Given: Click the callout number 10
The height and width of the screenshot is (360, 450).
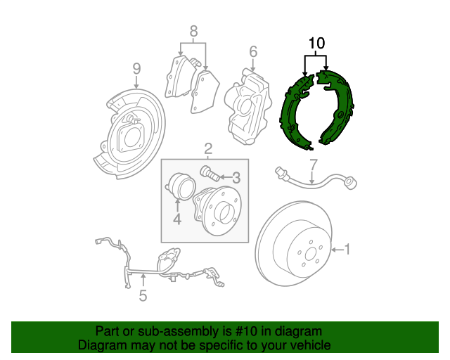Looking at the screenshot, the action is click(316, 43).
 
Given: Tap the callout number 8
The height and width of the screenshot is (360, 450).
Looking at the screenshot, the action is click(194, 31).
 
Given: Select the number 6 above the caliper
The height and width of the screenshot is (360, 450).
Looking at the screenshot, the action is click(253, 51).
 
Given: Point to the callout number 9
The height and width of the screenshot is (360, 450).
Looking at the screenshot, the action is click(137, 69).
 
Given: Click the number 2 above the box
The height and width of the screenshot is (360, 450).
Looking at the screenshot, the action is click(208, 149).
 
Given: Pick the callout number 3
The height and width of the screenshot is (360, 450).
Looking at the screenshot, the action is click(236, 178).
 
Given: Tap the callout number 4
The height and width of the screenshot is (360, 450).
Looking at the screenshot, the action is click(177, 219).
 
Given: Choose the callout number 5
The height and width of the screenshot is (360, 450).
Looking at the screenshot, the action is click(143, 295).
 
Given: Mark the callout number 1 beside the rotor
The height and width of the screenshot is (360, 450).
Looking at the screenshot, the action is click(347, 249).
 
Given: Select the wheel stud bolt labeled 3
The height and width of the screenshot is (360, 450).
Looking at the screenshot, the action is click(210, 172).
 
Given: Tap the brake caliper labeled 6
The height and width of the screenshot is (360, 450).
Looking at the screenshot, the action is click(248, 106).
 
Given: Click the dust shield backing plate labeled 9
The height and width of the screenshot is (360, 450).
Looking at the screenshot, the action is click(129, 134).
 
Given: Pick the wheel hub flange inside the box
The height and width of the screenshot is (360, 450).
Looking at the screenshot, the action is click(217, 211).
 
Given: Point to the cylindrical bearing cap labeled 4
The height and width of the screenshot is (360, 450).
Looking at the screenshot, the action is click(181, 186).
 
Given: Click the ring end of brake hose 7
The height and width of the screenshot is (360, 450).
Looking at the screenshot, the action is click(352, 183).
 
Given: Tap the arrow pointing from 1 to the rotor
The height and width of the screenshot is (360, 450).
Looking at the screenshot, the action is click(337, 250).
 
